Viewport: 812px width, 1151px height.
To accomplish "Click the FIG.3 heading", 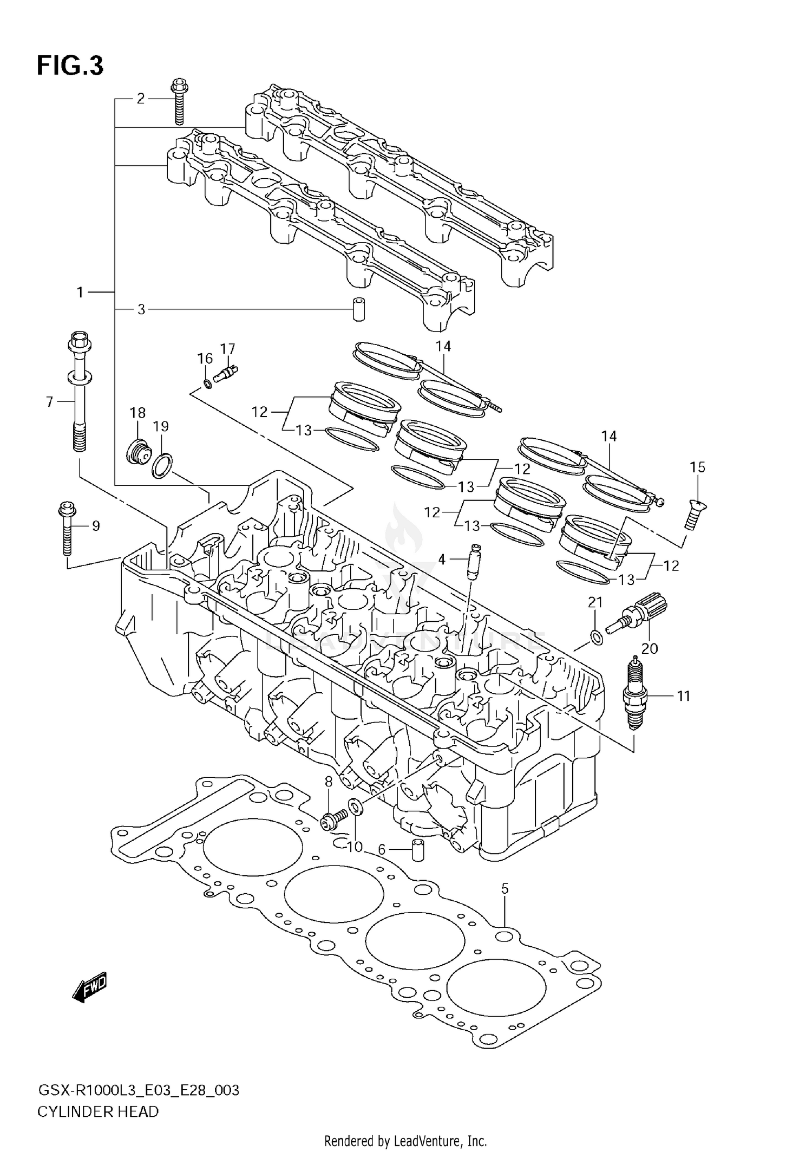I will pyautogui.click(x=70, y=66).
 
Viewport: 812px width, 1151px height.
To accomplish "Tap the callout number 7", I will pyautogui.click(x=49, y=401).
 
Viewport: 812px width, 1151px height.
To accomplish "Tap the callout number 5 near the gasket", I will pyautogui.click(x=505, y=888).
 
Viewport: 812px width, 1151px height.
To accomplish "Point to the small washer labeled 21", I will pyautogui.click(x=597, y=638).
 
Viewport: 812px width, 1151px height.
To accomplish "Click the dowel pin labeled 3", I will pyautogui.click(x=358, y=309).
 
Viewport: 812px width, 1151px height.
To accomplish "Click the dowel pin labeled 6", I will pyautogui.click(x=417, y=850).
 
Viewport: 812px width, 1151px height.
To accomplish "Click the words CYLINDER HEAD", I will pyautogui.click(x=98, y=1112).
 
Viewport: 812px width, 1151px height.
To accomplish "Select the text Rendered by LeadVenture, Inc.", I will pyautogui.click(x=405, y=1141).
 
